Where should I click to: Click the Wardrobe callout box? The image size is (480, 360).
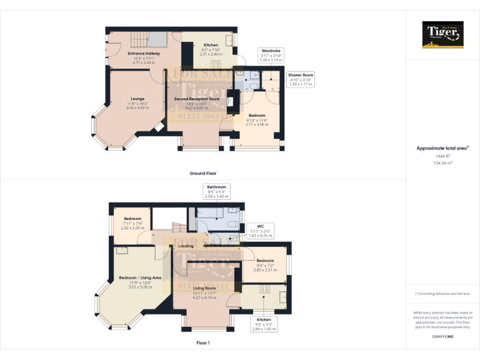[x=271, y=56]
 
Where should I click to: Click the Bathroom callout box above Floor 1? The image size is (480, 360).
[x=217, y=191]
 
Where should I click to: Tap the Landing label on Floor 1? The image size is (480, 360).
[x=186, y=246]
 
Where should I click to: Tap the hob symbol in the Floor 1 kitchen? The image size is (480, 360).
[x=264, y=289]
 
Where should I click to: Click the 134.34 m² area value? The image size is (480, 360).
[x=442, y=162]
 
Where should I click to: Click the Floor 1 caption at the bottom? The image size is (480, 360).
[x=202, y=342]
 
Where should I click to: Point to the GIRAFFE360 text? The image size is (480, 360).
[x=442, y=337]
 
